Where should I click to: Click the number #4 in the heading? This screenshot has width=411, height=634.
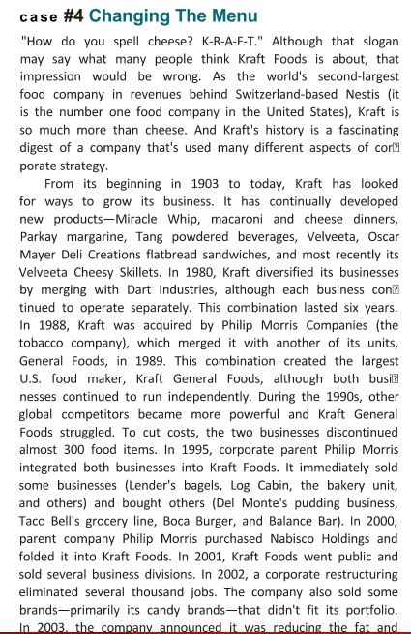click(x=74, y=16)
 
